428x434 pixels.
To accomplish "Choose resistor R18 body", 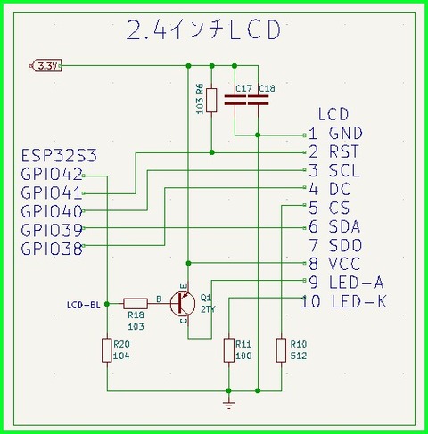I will [136, 302].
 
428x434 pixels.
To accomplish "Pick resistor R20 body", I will [106, 349].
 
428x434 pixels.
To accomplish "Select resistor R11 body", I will [228, 349].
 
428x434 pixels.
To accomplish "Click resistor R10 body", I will [281, 349].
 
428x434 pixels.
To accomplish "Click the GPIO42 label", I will [52, 174].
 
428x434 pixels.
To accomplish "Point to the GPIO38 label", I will [52, 250].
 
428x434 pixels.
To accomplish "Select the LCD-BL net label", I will [82, 304].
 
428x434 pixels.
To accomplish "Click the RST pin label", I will [343, 152].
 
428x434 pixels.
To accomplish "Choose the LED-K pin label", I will [358, 302].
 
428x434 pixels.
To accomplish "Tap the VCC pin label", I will [343, 264].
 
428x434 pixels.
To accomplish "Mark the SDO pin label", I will [344, 245].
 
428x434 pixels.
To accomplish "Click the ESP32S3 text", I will [59, 156].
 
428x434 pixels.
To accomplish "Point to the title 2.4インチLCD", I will [203, 30].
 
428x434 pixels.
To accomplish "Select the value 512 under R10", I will [298, 355].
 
